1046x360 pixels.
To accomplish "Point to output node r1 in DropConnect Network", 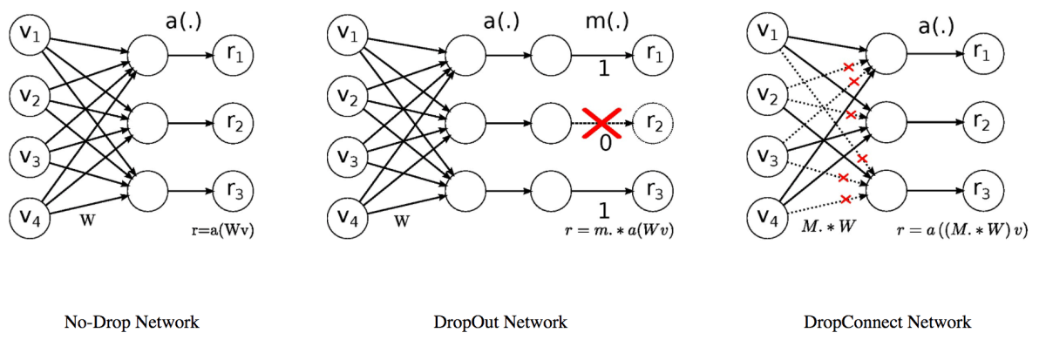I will click(x=983, y=54).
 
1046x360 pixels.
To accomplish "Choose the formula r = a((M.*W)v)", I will click(x=949, y=231).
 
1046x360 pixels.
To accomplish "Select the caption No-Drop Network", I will click(x=132, y=323).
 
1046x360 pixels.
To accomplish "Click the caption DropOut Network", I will click(x=500, y=323).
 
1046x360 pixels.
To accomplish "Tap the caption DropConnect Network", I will click(x=887, y=323).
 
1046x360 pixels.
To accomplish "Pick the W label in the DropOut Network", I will click(x=402, y=221).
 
